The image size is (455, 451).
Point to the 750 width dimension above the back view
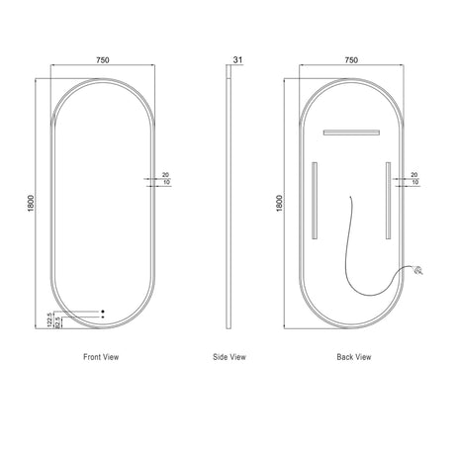click(x=351, y=60)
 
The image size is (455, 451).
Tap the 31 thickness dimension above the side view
click(x=236, y=60)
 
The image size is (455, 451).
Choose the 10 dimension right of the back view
click(x=414, y=183)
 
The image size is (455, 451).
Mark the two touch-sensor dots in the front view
click(x=101, y=316)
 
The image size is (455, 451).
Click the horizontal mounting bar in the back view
click(x=350, y=132)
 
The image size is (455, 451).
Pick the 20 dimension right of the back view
click(x=414, y=173)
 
